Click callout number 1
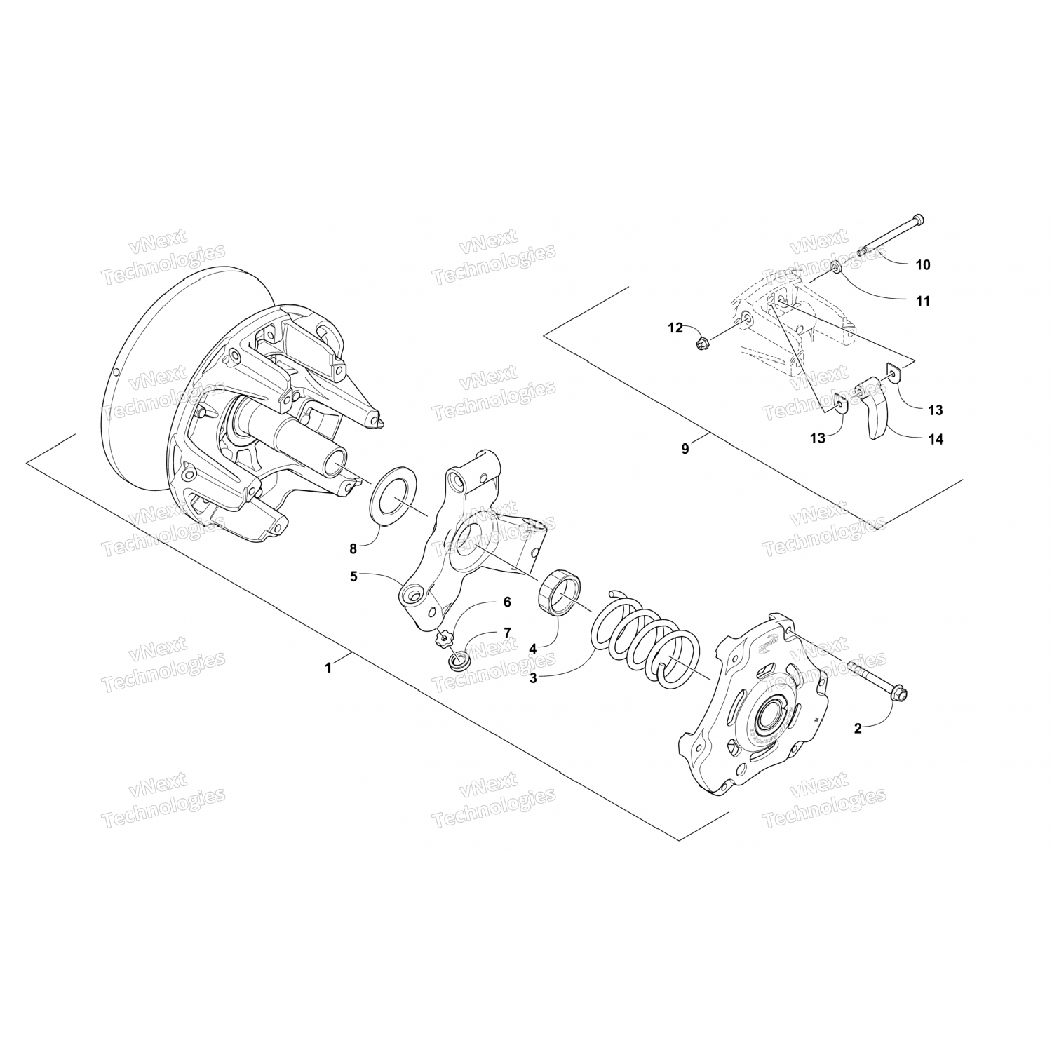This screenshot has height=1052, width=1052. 328,668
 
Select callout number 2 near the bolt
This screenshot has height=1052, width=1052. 857,729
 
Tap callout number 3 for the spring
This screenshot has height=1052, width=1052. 533,678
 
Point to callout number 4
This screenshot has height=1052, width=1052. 533,649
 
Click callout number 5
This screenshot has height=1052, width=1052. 354,576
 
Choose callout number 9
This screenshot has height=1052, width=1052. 685,449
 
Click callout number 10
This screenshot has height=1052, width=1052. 923,264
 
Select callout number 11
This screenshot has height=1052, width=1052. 923,301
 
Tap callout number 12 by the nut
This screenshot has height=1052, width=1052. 675,328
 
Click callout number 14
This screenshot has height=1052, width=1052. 936,440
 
